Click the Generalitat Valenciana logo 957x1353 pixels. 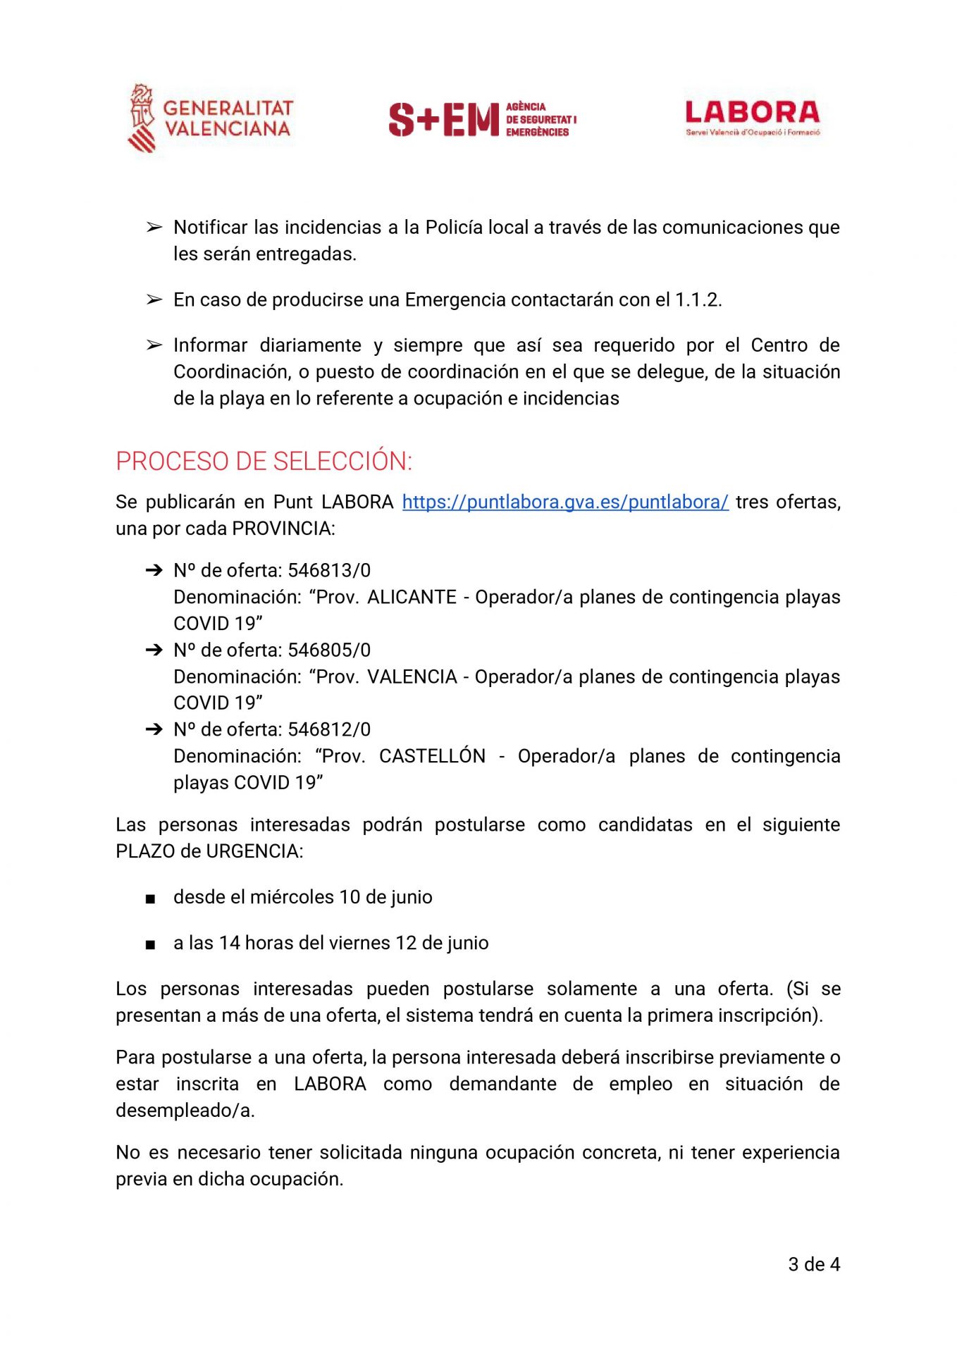click(x=209, y=118)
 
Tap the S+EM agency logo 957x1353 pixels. click(x=482, y=119)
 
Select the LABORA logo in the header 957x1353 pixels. click(x=752, y=117)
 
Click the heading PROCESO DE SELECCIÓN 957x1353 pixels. click(x=264, y=462)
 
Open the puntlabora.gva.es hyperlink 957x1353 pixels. click(x=564, y=502)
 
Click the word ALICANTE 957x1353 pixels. click(x=412, y=597)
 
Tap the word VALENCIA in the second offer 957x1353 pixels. click(x=412, y=676)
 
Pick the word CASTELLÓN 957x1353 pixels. click(x=432, y=756)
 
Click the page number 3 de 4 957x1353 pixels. click(x=813, y=1264)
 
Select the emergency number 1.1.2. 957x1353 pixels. click(x=697, y=299)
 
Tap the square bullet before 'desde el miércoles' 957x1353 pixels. click(x=150, y=898)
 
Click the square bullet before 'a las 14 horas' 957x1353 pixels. click(x=150, y=944)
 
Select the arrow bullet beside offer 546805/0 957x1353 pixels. click(x=154, y=650)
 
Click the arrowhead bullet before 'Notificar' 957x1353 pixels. click(x=154, y=227)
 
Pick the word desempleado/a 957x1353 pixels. click(x=184, y=1111)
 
